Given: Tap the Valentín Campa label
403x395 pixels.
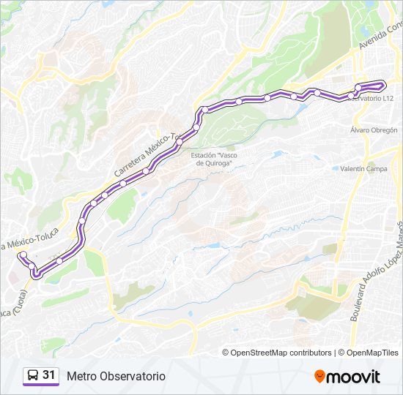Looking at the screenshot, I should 363,168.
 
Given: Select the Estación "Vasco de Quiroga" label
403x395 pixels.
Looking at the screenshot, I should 212,159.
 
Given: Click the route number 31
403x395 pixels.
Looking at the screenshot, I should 49,375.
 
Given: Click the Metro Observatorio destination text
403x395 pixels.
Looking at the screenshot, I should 116,376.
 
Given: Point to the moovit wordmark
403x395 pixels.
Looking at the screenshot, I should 354,377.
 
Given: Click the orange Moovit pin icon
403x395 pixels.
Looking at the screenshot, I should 319,377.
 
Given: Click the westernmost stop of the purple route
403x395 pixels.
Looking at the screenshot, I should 23,255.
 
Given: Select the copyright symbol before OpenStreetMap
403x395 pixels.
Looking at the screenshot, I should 226,353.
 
